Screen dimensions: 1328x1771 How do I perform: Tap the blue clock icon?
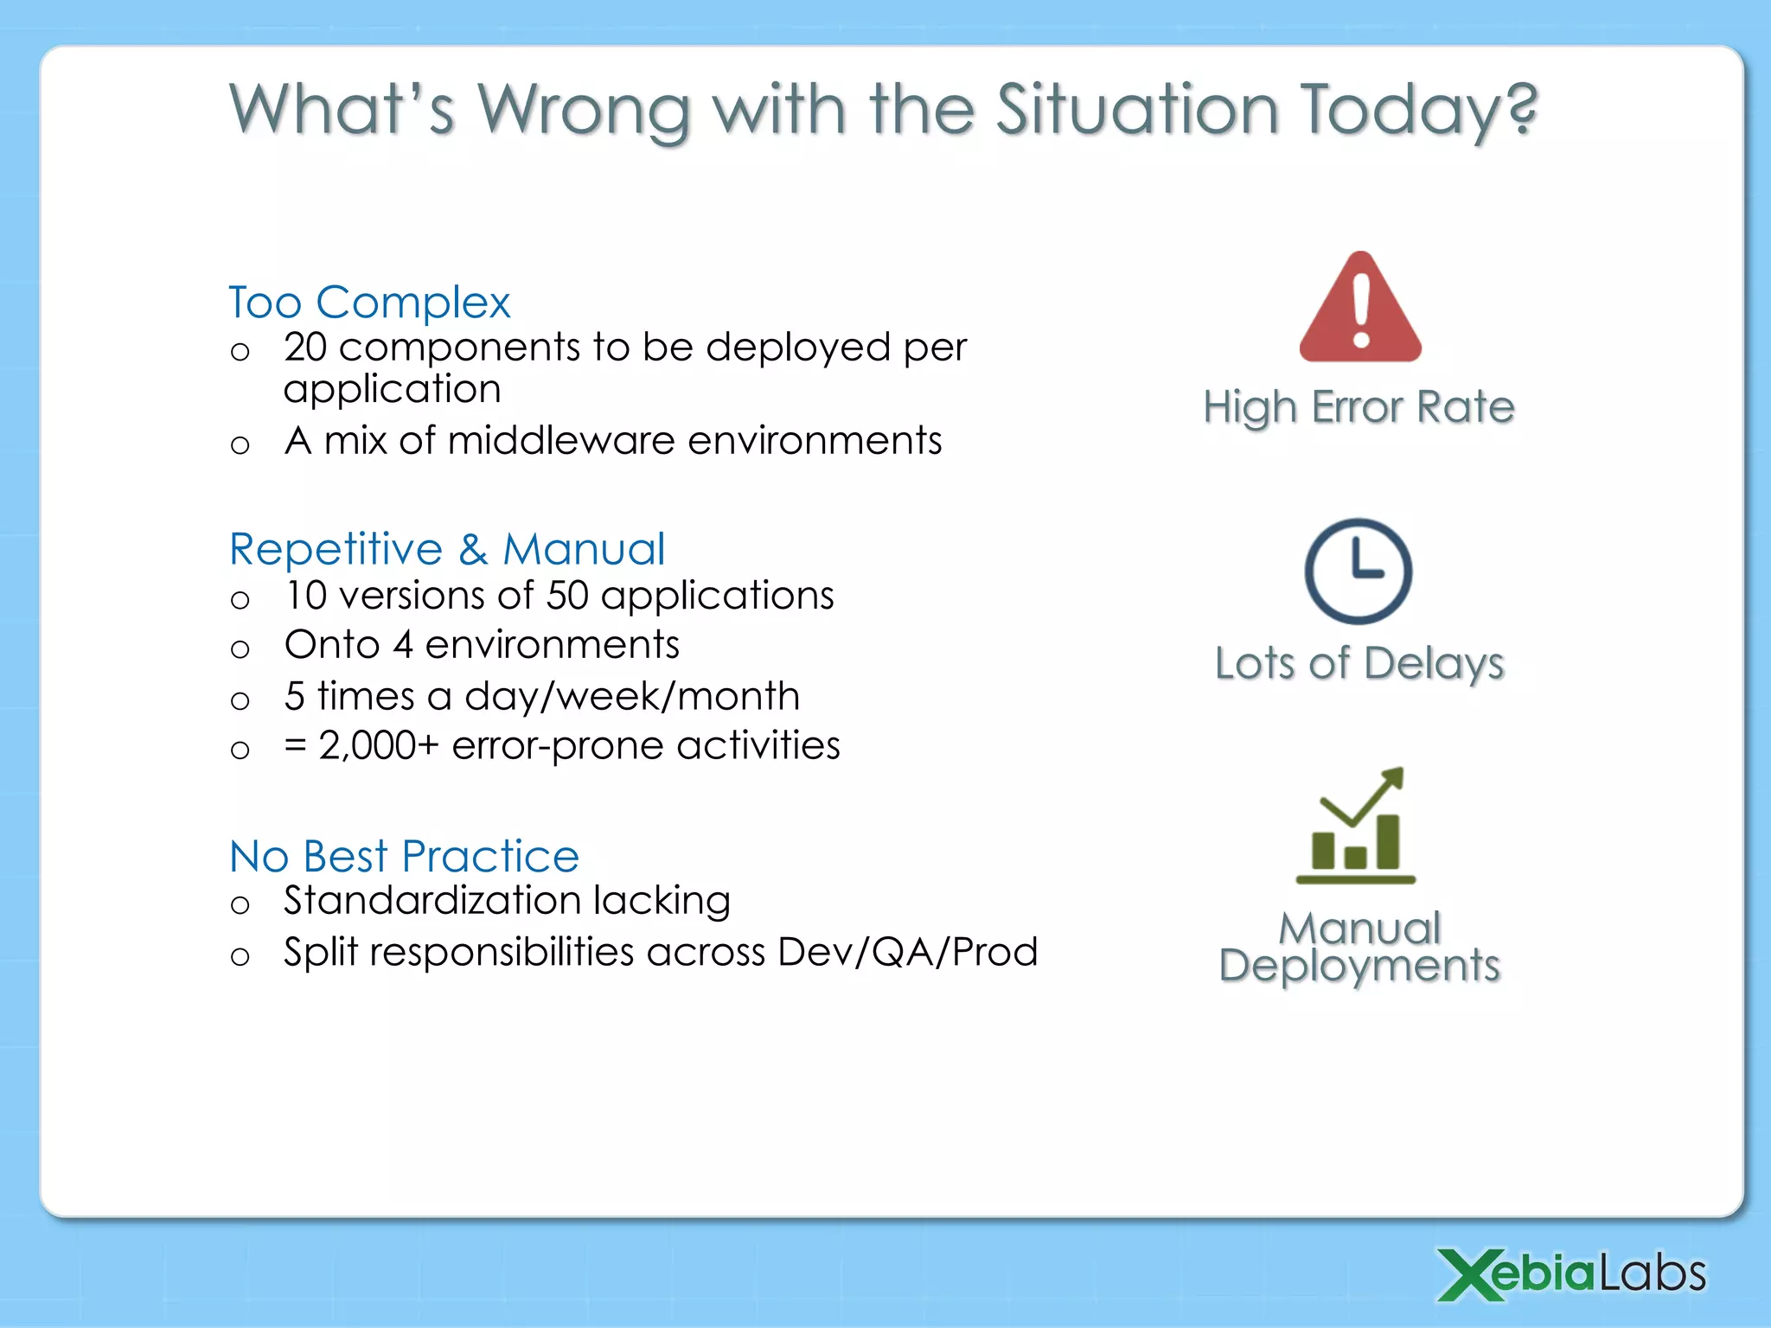(1358, 571)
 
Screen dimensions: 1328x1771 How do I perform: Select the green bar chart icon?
(1356, 828)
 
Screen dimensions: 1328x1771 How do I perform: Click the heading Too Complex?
(369, 303)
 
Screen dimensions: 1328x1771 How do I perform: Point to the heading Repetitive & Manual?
(447, 549)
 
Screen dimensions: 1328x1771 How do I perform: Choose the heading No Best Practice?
(404, 856)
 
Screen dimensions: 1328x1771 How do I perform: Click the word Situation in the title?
(1137, 110)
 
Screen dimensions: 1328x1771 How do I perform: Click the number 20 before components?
(305, 348)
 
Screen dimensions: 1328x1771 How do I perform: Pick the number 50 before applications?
(567, 596)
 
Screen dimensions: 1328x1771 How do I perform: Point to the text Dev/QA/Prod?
(907, 952)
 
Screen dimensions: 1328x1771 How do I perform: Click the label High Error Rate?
(1359, 407)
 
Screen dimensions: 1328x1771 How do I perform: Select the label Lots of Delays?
(1359, 664)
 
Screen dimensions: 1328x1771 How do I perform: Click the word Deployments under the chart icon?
(1359, 966)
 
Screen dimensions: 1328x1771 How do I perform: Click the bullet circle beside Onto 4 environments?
(240, 649)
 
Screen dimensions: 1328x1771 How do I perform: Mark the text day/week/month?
(632, 697)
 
